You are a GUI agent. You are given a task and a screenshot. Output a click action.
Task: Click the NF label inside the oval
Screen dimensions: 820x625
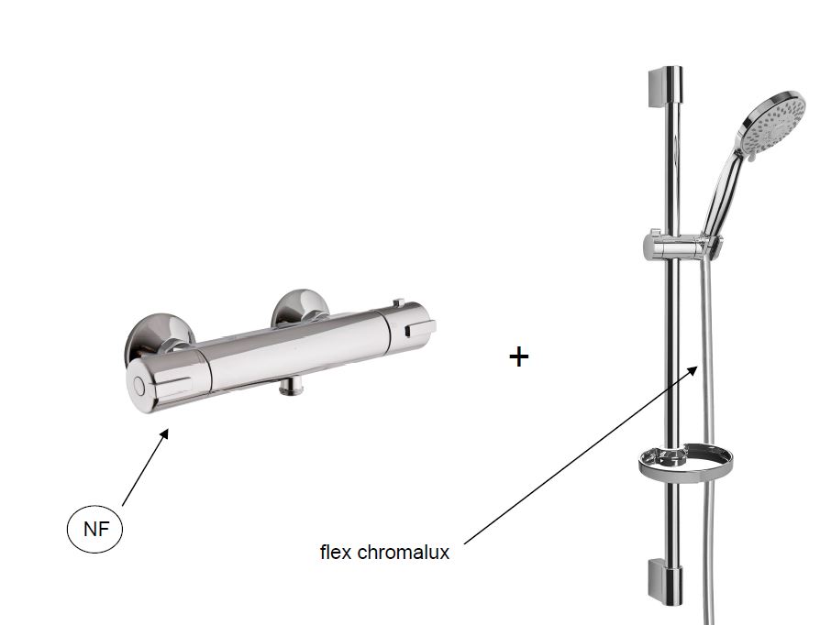[x=96, y=529]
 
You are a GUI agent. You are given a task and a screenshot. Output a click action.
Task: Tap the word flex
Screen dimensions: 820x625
[x=335, y=552]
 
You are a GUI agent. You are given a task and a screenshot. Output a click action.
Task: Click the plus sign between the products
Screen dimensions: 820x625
[x=519, y=358]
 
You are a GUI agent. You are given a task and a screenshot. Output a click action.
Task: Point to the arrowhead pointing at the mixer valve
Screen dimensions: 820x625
[x=163, y=433]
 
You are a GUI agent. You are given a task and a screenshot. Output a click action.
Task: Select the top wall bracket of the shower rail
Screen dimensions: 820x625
[x=665, y=87]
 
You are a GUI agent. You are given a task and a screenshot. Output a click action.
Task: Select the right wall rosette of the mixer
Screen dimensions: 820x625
[x=300, y=309]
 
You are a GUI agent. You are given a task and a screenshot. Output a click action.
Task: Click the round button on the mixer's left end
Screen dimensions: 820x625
[x=139, y=386]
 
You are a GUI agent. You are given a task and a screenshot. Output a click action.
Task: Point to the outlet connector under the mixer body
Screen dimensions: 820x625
[x=292, y=387]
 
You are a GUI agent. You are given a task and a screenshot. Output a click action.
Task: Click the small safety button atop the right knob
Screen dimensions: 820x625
[x=398, y=303]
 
